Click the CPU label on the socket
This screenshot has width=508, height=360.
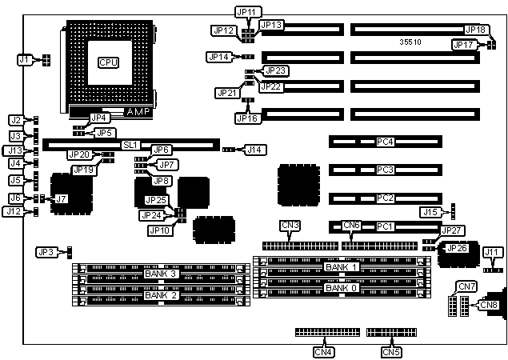coord(107,62)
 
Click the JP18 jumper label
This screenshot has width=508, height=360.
coord(476,30)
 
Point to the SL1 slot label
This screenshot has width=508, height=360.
coord(131,145)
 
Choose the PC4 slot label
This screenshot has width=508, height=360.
coord(386,142)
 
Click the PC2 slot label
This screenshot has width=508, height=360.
coord(386,198)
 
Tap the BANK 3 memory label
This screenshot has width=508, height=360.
coord(161,274)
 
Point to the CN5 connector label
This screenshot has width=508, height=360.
coord(390,350)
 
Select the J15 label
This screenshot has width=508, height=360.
coord(431,211)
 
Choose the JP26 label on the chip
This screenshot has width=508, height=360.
coord(457,248)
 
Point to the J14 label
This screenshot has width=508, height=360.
coord(255,150)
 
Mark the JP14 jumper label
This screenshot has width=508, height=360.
coord(218,57)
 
